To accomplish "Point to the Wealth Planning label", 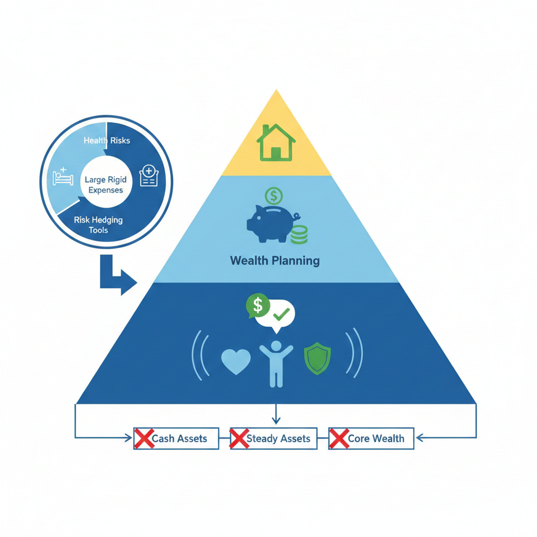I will (x=275, y=261).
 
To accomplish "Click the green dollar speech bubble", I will (x=257, y=306).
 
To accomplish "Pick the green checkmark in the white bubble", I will (x=282, y=315).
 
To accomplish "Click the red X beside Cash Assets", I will (x=143, y=438).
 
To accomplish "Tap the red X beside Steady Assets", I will (x=239, y=438).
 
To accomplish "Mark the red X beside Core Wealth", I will (x=338, y=438).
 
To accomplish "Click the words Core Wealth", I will (x=376, y=438).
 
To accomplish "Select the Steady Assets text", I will (x=278, y=438).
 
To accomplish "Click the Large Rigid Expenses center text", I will (x=105, y=185).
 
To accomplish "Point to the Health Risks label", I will (x=107, y=141).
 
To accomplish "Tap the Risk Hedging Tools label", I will (x=99, y=225).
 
